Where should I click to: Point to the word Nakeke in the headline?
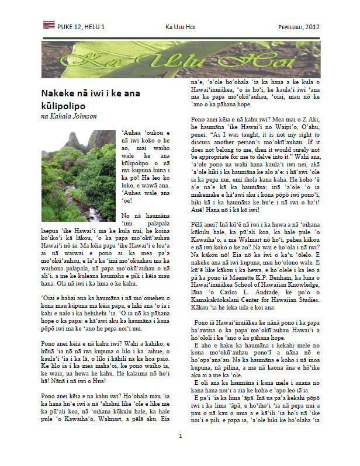60,93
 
